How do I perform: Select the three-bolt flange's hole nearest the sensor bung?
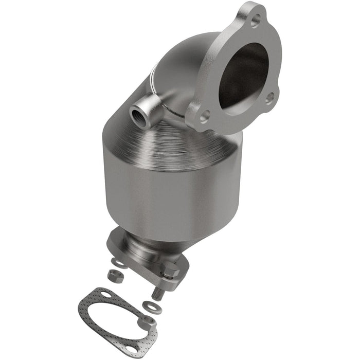(x=204, y=116)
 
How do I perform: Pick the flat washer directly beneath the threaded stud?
(x=153, y=309)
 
